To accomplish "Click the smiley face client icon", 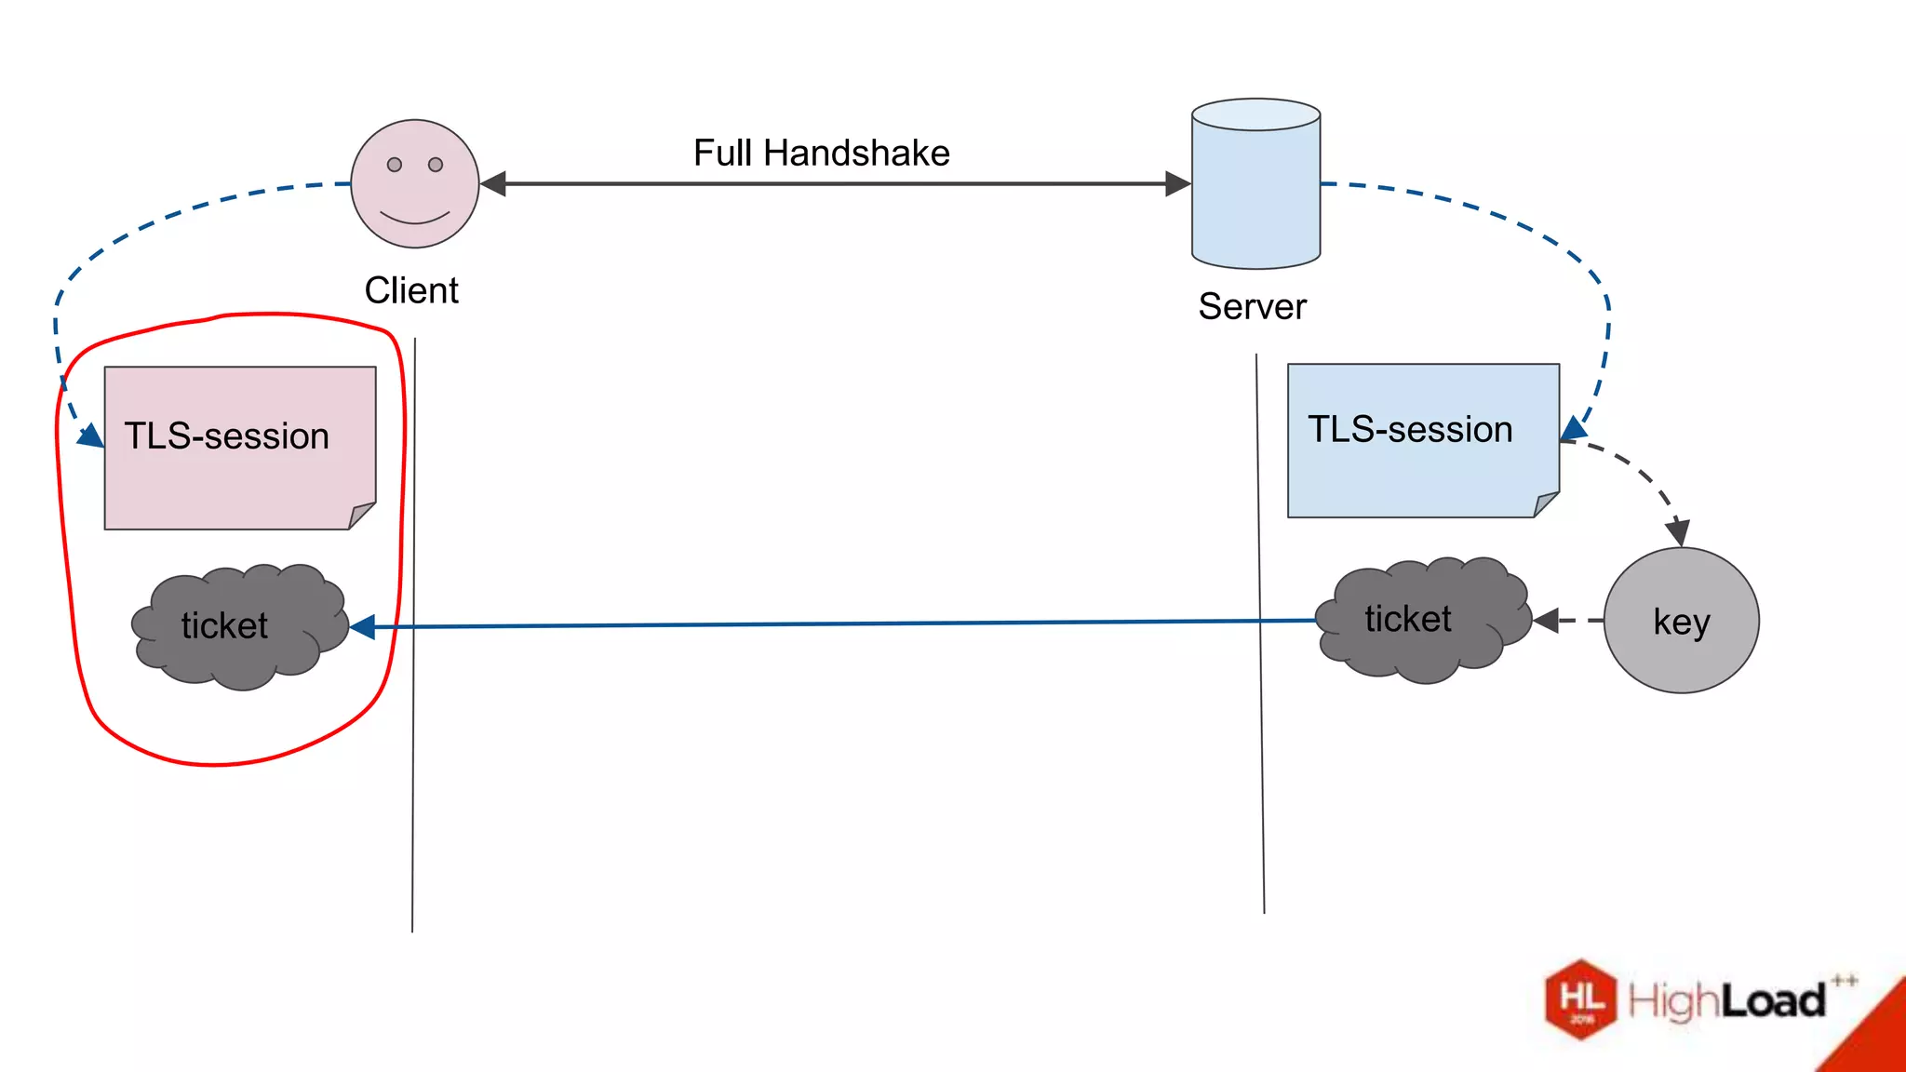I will [x=415, y=183].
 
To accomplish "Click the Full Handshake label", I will [x=821, y=153].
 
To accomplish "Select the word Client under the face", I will [x=410, y=290].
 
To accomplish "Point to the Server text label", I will [x=1252, y=306].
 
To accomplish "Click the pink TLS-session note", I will [x=239, y=447].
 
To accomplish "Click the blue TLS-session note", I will [x=1422, y=439].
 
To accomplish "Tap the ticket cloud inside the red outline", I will [x=239, y=625].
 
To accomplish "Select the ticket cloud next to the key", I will [x=1422, y=620].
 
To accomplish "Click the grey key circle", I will [x=1681, y=621].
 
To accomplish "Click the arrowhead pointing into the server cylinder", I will [x=1178, y=183].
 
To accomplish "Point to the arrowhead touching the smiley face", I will [x=493, y=183].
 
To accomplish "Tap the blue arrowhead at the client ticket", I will [x=363, y=627].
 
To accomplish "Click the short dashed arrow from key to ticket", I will [x=1569, y=620].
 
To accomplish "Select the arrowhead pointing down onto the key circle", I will [x=1677, y=533].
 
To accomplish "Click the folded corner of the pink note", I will [x=363, y=516].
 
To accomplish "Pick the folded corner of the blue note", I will [x=1547, y=503].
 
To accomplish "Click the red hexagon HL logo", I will [x=1580, y=998].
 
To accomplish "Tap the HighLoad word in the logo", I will [x=1726, y=1001].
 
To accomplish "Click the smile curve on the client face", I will [x=415, y=219].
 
